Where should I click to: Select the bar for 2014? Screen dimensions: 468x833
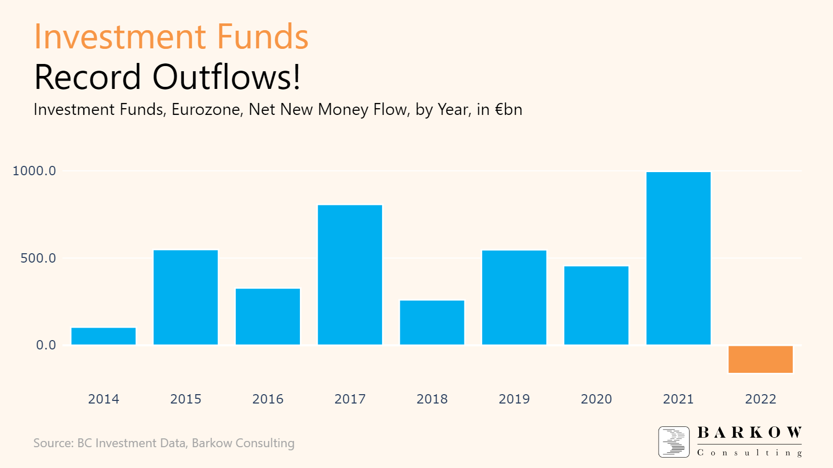point(104,336)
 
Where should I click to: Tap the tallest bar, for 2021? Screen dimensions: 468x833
point(678,258)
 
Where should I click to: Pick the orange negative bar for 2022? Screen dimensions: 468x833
point(760,359)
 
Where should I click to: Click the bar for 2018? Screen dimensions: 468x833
point(432,322)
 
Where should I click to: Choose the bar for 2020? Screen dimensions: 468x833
point(596,305)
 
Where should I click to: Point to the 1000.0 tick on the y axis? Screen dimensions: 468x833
point(34,171)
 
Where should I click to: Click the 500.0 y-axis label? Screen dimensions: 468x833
point(38,258)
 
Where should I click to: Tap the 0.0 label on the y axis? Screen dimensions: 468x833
point(46,345)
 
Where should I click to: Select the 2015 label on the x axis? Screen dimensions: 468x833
point(186,399)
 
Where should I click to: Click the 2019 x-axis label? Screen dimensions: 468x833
point(514,399)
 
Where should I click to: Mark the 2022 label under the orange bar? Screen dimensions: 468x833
point(760,399)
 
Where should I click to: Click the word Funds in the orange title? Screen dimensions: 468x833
point(262,37)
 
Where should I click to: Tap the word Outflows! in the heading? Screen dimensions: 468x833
point(226,77)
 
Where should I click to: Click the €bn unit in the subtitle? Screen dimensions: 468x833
point(508,110)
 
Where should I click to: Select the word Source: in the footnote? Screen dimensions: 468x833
point(54,444)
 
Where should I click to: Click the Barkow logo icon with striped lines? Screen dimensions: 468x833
point(674,442)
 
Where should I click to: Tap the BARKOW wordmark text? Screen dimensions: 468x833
point(749,433)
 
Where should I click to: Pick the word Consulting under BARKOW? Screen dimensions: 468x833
point(749,453)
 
